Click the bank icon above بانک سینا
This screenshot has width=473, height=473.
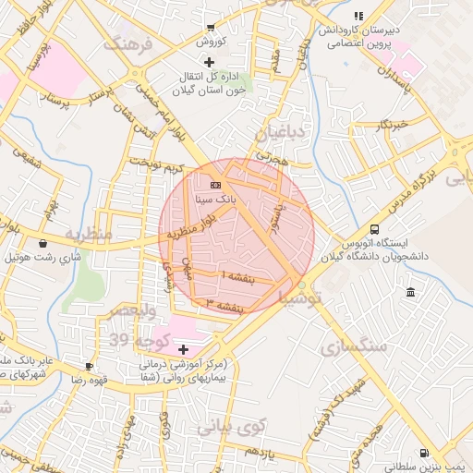(216, 185)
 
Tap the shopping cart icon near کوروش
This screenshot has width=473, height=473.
(211, 28)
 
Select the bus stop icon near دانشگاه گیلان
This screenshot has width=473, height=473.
(374, 229)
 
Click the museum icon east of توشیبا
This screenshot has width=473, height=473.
(410, 293)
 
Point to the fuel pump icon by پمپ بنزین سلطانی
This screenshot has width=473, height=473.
(424, 454)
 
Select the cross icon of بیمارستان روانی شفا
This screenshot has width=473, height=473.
(183, 349)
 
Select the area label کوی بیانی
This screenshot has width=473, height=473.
(230, 426)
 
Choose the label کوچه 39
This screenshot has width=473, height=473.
(131, 341)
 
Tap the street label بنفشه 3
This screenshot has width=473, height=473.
(224, 304)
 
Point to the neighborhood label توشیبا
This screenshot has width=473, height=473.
(301, 299)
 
